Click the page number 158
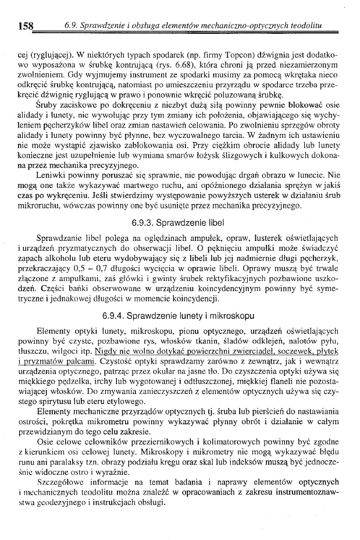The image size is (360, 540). tap(26, 26)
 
